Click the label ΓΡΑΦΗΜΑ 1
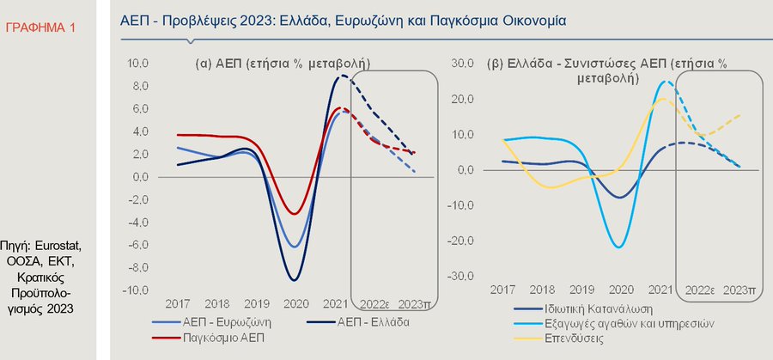[x=40, y=28]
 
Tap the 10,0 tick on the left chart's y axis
[x=138, y=64]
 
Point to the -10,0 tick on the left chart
[x=137, y=290]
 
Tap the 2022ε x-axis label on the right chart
[x=701, y=291]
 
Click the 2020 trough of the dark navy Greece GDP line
[x=294, y=280]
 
